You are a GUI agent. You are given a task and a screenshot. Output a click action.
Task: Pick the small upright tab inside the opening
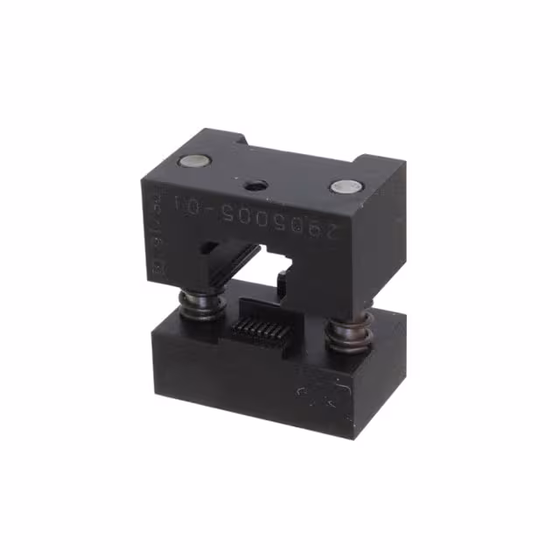click(283, 282)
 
